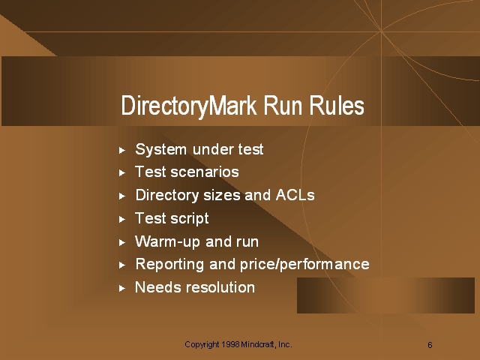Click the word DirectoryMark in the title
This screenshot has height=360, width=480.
coord(189,106)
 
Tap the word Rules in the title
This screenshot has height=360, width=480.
coord(337,105)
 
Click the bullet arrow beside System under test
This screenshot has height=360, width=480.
coord(122,150)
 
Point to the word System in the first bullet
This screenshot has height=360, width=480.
coord(161,150)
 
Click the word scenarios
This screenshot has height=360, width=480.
coord(205,172)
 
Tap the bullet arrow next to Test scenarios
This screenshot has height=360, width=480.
coord(122,173)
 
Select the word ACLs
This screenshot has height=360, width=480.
coord(295,195)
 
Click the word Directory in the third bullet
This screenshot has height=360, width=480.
coord(167,196)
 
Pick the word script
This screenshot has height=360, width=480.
coord(190,219)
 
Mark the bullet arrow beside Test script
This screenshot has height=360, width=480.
coord(122,219)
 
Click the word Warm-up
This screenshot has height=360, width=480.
coord(167,241)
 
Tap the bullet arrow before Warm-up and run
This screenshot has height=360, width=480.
coord(122,242)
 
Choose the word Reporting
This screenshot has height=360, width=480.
coord(169,265)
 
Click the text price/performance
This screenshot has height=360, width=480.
coord(304,265)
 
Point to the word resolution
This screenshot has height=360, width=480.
coord(220,287)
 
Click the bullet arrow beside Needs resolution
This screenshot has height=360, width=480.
coord(122,288)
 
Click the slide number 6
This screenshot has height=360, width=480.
coord(430,345)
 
